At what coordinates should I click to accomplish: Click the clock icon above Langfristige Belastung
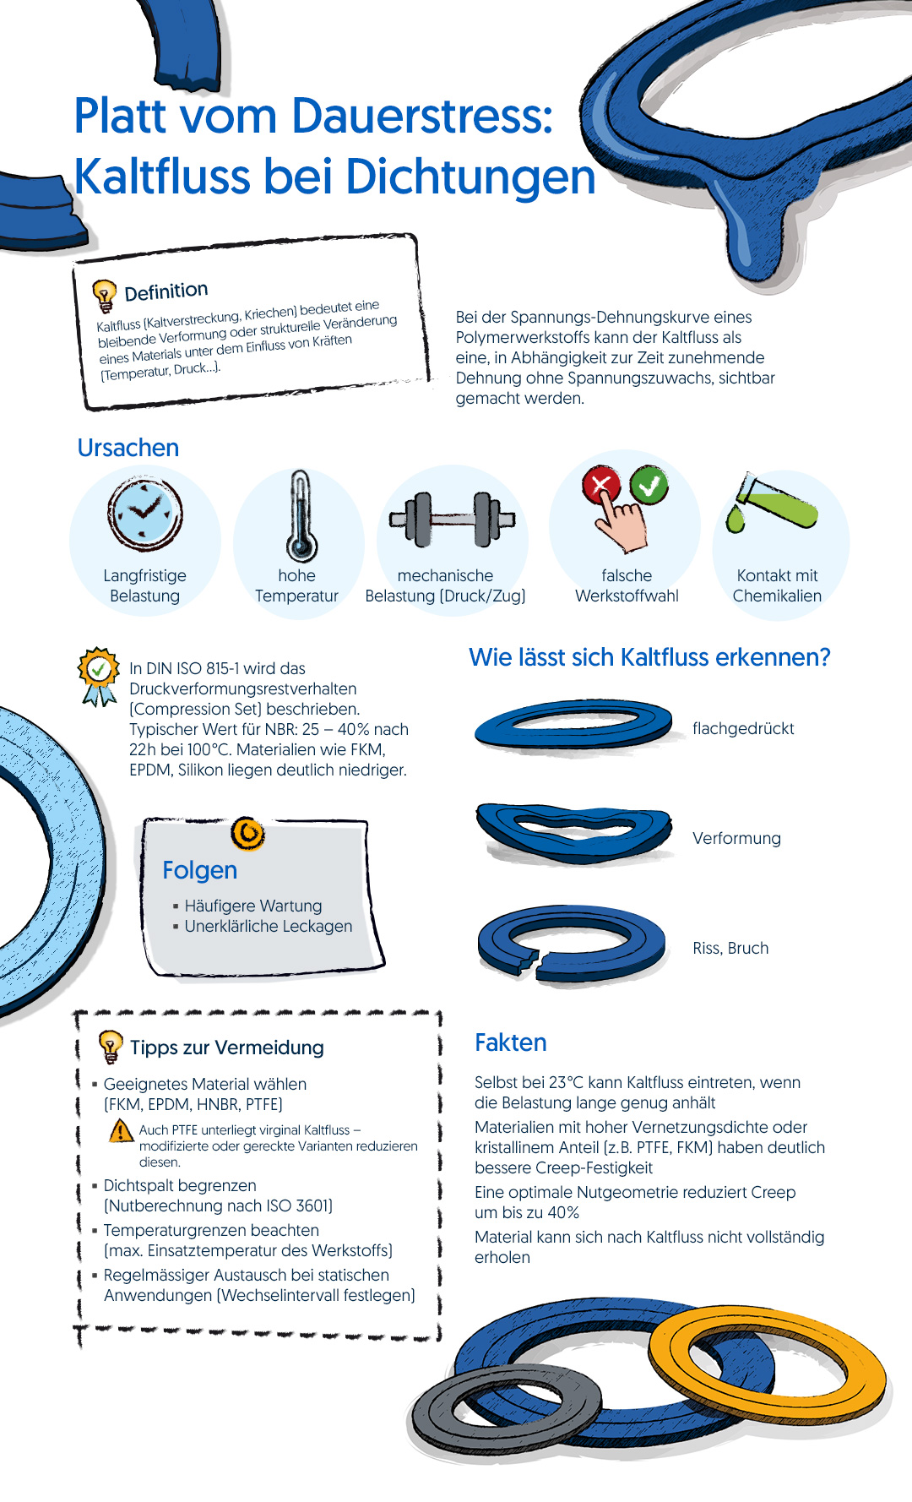[x=145, y=513]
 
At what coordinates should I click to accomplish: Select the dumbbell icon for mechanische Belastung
[x=452, y=519]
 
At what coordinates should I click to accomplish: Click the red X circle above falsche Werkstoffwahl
[x=601, y=485]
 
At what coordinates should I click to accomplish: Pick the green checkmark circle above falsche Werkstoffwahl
[x=649, y=485]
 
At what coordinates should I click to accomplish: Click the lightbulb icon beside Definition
[x=104, y=296]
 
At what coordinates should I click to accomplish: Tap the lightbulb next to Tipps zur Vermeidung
[x=110, y=1047]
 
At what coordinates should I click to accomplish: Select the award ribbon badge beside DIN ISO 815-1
[x=99, y=676]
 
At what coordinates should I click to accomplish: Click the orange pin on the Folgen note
[x=247, y=834]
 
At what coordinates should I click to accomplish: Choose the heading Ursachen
[x=128, y=448]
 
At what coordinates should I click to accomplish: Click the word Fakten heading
[x=511, y=1042]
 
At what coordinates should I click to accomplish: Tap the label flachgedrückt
[x=743, y=728]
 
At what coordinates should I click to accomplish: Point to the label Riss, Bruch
[x=730, y=948]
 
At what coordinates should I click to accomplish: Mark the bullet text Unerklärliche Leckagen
[x=268, y=926]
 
